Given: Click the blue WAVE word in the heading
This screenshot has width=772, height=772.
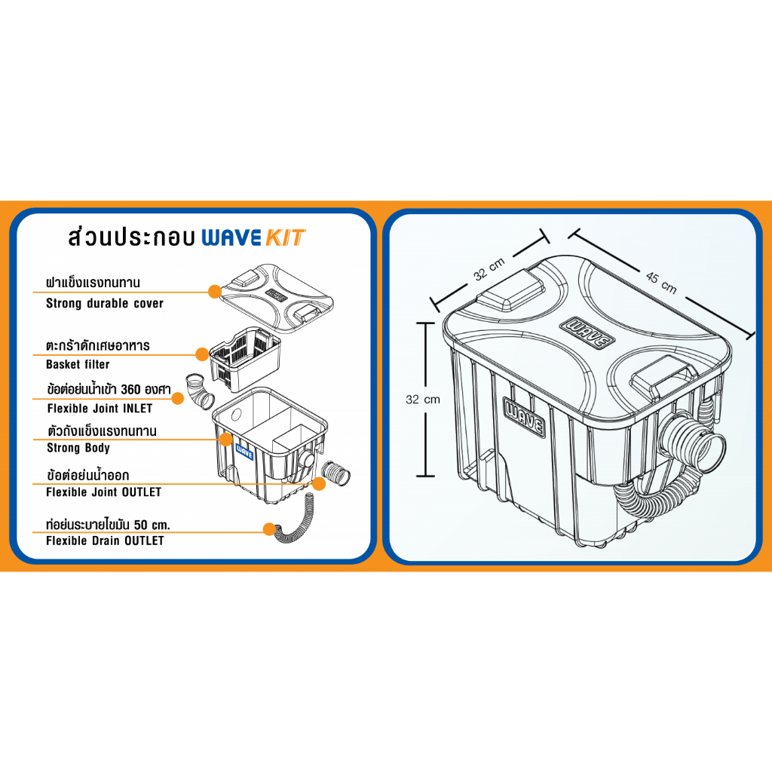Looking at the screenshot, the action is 231,237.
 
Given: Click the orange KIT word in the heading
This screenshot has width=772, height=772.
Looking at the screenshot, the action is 286,237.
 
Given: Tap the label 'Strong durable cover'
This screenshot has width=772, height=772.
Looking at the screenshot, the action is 104,303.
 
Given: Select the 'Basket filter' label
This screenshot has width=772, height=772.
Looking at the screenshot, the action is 78,364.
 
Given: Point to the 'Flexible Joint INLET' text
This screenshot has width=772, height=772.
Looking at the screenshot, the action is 100,408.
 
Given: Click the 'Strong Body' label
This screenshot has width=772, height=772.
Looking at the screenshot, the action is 78,448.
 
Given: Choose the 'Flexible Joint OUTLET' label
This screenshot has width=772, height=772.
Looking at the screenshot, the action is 103,492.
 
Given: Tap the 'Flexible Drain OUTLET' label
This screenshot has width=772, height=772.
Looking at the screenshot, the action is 105,541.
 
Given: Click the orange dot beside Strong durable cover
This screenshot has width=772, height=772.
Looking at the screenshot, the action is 215,292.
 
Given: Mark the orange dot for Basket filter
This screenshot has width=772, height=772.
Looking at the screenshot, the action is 202,354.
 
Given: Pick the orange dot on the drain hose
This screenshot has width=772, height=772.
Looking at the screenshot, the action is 269,529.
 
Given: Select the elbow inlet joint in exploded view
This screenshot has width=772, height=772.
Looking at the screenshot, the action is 199,391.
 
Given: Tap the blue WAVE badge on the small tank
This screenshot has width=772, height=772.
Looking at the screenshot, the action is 245,452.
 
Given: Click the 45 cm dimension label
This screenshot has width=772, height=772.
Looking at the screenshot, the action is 661,283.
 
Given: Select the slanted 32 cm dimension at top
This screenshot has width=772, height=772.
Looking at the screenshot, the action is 489,269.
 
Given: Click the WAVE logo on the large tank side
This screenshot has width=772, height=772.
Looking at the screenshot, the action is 525,418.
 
